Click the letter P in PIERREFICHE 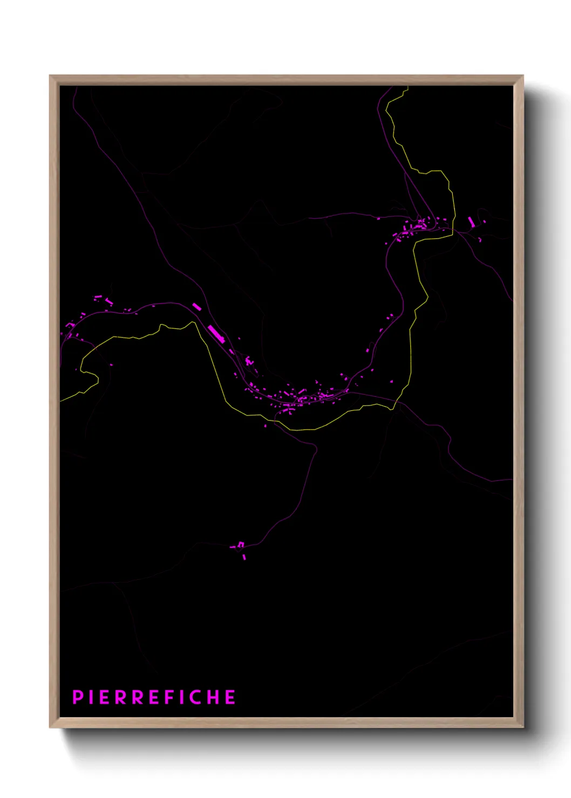click(x=77, y=697)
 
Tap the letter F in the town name click(x=168, y=697)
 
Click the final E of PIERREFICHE click(x=230, y=697)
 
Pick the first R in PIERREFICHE click(x=120, y=697)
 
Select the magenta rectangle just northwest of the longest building click(x=196, y=307)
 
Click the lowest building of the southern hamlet click(x=244, y=556)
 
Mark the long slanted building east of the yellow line click(x=471, y=222)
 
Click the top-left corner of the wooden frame click(x=51, y=76)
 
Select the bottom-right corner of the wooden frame click(x=522, y=727)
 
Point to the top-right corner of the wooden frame click(x=522, y=76)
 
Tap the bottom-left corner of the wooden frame click(x=51, y=727)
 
